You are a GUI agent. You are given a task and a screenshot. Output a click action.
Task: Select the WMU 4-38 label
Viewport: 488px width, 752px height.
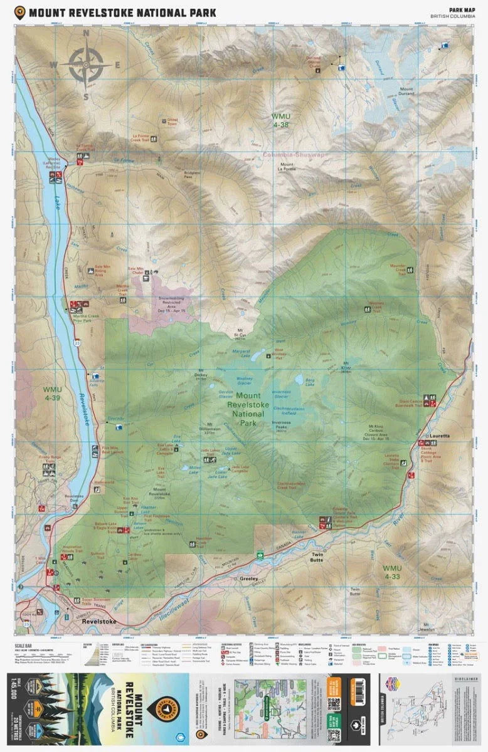pos(281,120)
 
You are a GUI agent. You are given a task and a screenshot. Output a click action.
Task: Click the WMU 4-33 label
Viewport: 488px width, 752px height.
pos(391,572)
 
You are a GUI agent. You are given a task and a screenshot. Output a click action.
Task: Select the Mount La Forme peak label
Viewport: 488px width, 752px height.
pos(287,165)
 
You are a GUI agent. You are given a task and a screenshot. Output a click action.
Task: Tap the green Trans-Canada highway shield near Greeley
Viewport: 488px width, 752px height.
pos(259,554)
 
